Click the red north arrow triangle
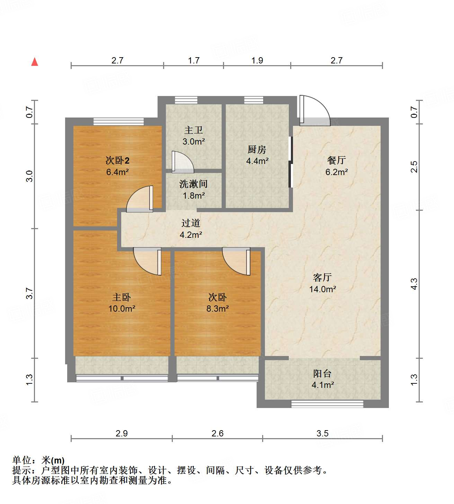point(35,62)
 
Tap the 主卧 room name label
point(122,297)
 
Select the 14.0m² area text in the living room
point(323,289)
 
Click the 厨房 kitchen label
point(257,149)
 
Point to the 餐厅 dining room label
point(336,160)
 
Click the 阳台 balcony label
point(322,373)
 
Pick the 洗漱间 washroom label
point(193,184)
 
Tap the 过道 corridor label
point(191,223)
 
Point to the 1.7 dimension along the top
point(194,60)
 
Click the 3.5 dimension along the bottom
point(322,433)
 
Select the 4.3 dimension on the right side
point(414,284)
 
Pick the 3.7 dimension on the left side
point(30,293)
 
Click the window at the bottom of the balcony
point(327,404)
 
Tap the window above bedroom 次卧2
point(118,122)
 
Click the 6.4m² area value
point(117,172)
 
